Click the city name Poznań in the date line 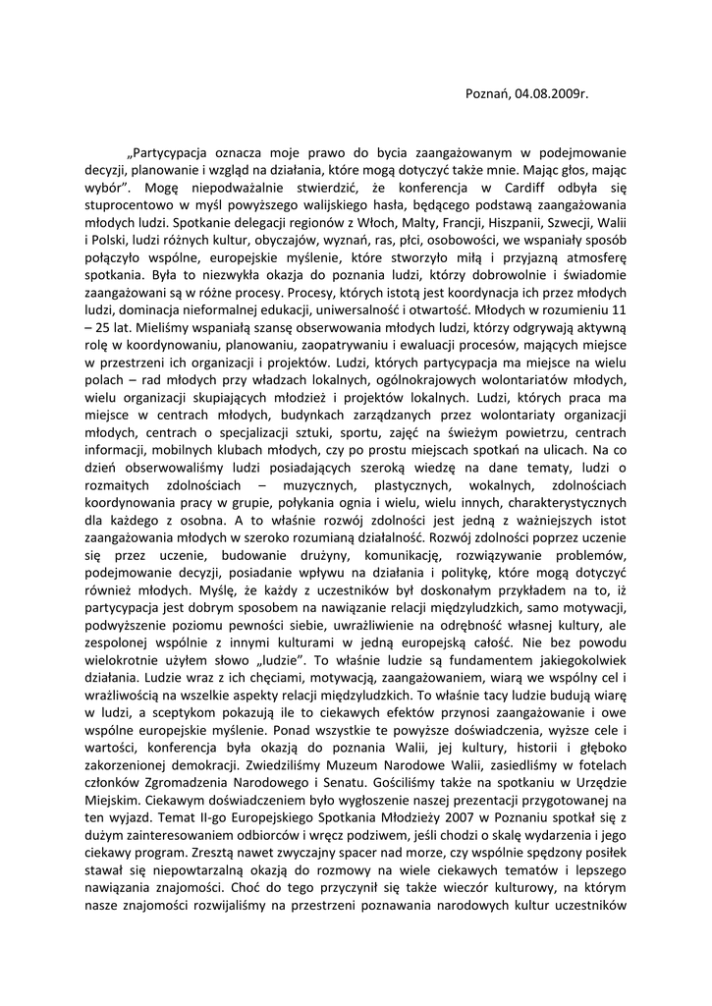pos(486,94)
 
